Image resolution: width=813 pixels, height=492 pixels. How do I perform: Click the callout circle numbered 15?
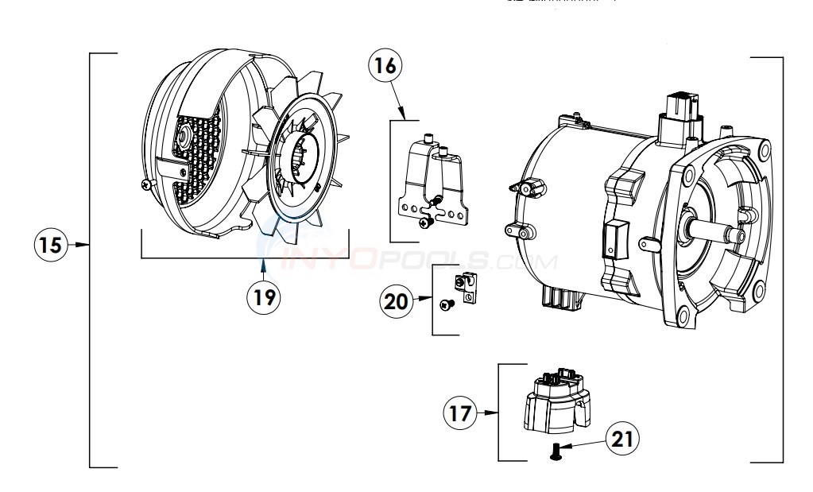click(x=51, y=245)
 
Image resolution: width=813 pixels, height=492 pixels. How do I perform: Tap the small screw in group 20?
click(x=446, y=303)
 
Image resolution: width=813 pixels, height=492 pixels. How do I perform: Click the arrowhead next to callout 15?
click(x=82, y=245)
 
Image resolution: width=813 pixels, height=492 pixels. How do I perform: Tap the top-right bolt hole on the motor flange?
click(x=762, y=149)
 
